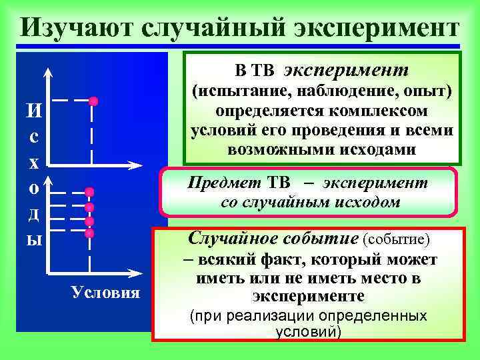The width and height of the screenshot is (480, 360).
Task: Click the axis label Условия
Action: point(106,293)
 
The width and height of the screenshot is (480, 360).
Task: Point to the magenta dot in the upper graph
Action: point(93,101)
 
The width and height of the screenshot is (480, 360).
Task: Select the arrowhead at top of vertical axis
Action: point(47,72)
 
